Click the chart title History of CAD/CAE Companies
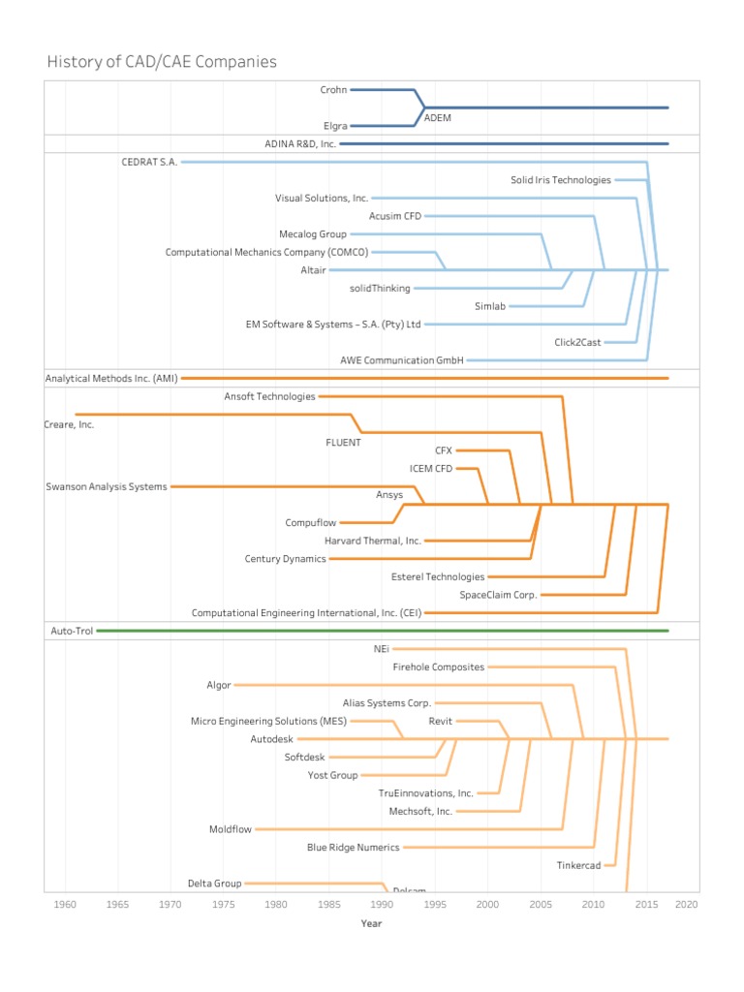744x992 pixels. [x=162, y=62]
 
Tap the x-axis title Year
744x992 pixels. [x=371, y=923]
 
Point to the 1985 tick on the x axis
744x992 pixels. [x=329, y=904]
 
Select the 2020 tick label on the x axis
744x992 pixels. [x=687, y=904]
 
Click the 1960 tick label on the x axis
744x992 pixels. [x=66, y=904]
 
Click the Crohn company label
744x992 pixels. [x=333, y=90]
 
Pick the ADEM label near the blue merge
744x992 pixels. [x=438, y=117]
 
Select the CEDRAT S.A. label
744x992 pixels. [x=149, y=162]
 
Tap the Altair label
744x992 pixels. [x=313, y=270]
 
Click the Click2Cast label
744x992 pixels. [x=577, y=342]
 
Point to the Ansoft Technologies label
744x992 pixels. [x=269, y=396]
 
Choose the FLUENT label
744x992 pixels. [x=343, y=443]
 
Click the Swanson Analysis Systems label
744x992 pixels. [x=107, y=486]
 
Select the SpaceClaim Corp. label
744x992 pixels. [x=498, y=595]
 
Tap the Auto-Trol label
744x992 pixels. [x=70, y=631]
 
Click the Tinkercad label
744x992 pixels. [x=578, y=865]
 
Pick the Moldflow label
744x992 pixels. [x=230, y=829]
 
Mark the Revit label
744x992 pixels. [x=441, y=722]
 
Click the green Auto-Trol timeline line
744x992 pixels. [x=387, y=631]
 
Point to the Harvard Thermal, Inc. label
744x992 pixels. [x=373, y=541]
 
